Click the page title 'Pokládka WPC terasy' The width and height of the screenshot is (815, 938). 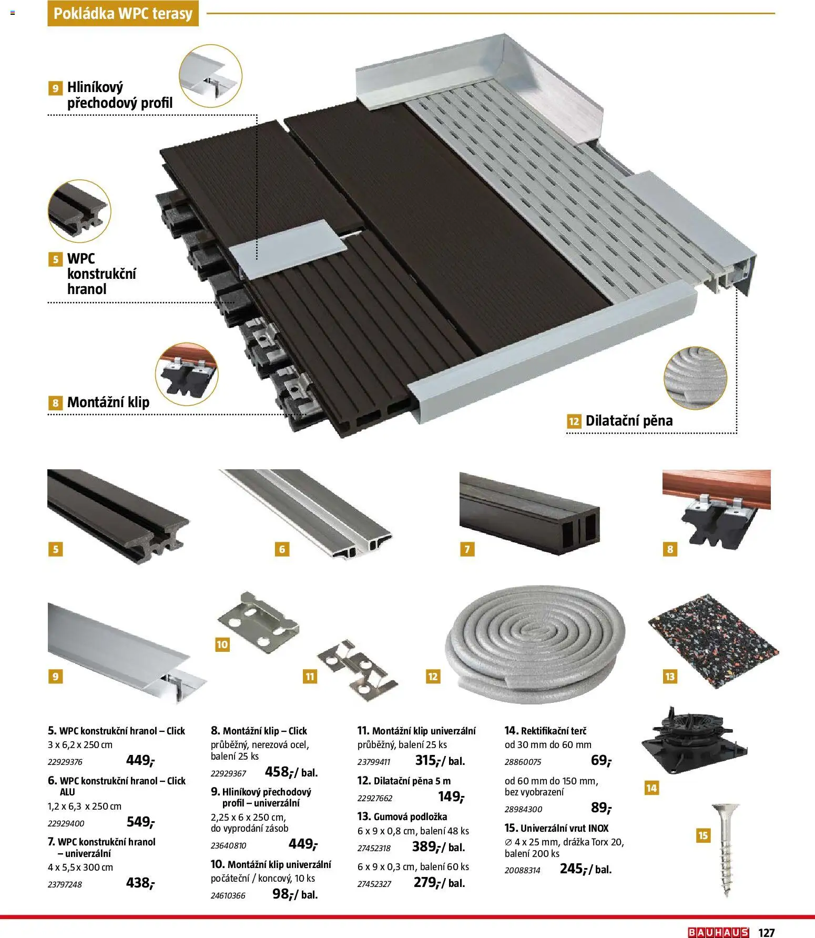pos(123,14)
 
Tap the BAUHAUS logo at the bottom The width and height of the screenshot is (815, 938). pos(718,932)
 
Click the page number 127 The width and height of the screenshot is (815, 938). pos(767,932)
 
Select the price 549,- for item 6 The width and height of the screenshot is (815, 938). pos(140,822)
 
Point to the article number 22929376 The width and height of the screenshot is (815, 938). pos(65,762)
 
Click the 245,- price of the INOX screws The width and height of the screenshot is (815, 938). pos(573,869)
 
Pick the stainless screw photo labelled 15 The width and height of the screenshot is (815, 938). pos(727,849)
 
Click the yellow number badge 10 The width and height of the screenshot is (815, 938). pos(222,644)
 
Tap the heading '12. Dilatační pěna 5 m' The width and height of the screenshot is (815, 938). pos(404,781)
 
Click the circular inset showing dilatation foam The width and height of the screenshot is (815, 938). pos(695,378)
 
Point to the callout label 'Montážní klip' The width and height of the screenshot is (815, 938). pos(108,402)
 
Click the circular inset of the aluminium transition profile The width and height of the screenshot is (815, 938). pos(210,76)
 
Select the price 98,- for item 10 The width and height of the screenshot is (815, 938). pos(281,894)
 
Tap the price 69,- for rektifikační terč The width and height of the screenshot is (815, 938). pos(600,760)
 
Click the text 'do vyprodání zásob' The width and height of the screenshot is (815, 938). pos(249,829)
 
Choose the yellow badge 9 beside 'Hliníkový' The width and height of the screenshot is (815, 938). pos(55,88)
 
